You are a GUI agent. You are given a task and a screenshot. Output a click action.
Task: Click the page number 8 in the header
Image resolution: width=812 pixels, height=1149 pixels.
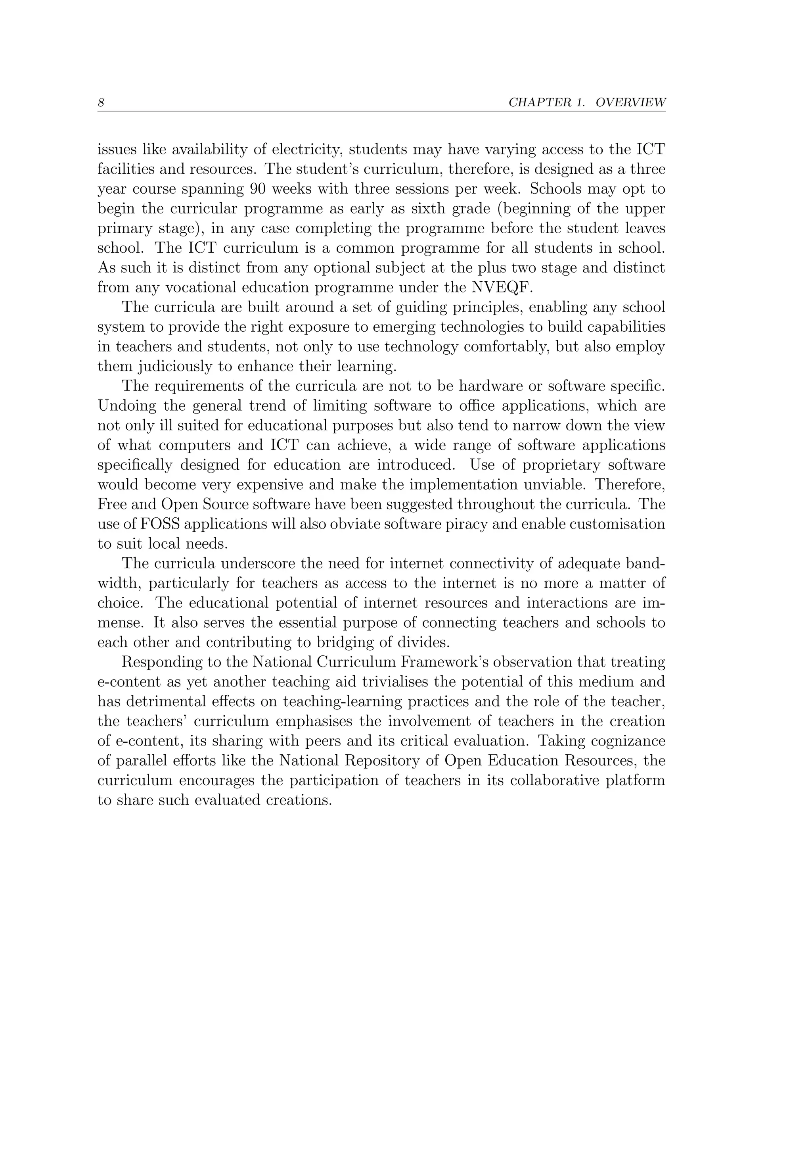[101, 103]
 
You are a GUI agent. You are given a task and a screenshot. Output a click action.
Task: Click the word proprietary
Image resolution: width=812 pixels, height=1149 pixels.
[561, 465]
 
